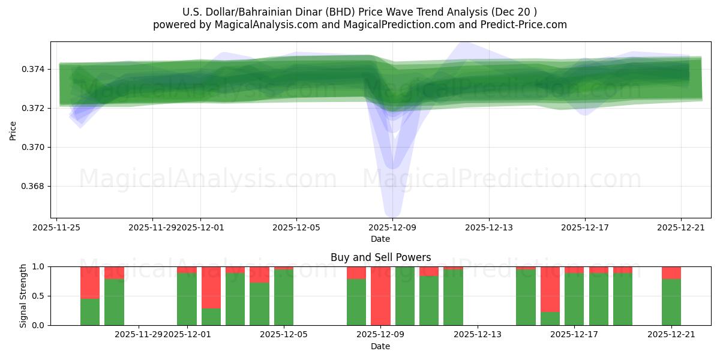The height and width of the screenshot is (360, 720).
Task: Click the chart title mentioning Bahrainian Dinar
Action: click(359, 12)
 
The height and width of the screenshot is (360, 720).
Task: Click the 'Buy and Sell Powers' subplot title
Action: click(380, 257)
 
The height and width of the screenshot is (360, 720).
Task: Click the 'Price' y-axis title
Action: click(13, 130)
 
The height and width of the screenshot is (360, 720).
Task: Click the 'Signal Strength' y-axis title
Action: click(23, 296)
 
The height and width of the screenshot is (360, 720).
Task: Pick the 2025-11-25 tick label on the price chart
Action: click(56, 227)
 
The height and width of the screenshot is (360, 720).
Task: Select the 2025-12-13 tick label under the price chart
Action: click(488, 227)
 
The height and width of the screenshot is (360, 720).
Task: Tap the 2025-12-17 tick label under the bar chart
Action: click(574, 335)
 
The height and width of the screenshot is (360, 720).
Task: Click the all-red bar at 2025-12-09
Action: click(380, 296)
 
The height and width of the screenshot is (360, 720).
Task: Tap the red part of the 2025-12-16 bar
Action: click(550, 289)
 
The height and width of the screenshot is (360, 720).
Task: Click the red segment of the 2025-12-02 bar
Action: click(211, 287)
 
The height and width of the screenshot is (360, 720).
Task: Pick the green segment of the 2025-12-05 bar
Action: click(284, 298)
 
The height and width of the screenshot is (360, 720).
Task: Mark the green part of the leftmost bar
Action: click(90, 312)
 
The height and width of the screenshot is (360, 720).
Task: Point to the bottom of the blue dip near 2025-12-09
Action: click(392, 213)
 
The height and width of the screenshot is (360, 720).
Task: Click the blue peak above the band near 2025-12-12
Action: click(461, 46)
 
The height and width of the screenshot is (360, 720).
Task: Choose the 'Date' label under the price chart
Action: click(380, 239)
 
